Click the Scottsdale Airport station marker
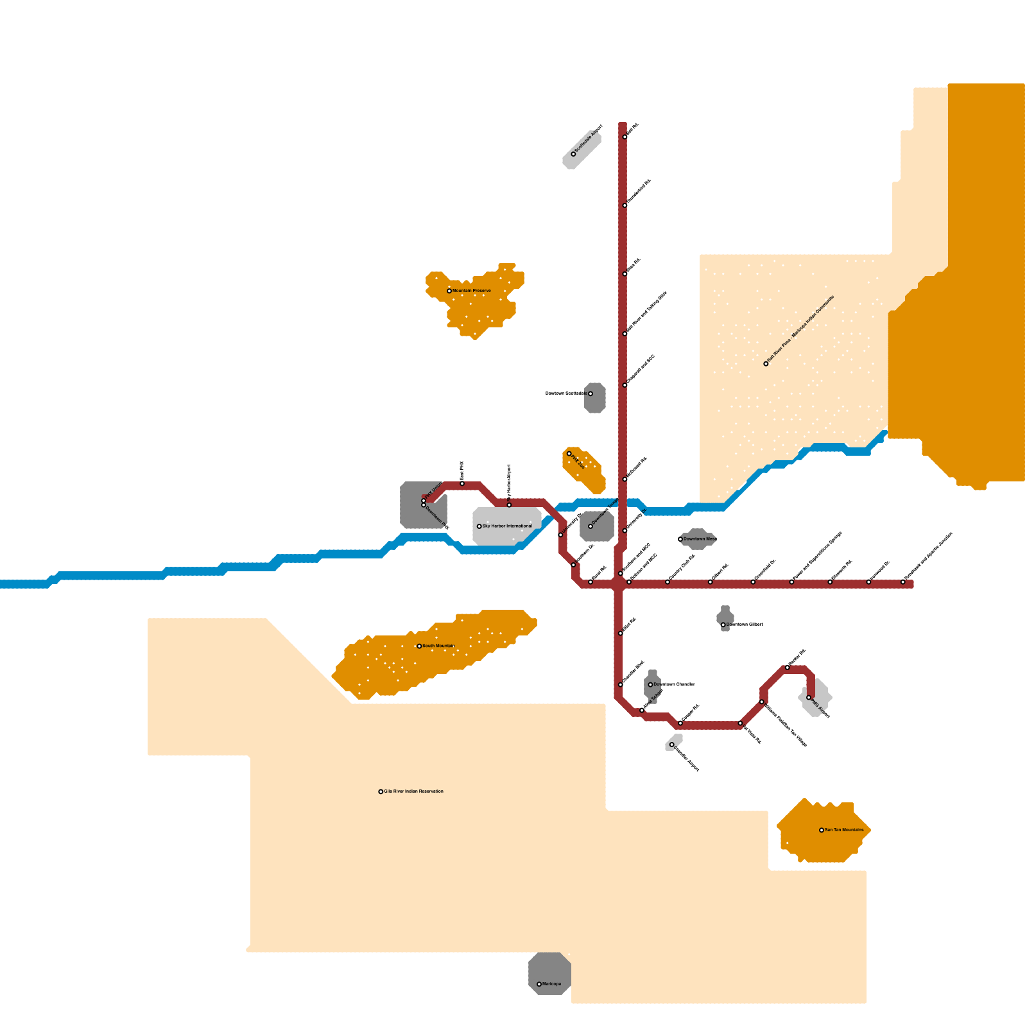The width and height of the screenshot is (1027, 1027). tap(573, 154)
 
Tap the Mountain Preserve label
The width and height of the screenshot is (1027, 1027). tap(471, 291)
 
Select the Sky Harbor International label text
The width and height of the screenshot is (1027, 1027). tap(507, 526)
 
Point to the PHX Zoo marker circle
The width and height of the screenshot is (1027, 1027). tap(569, 454)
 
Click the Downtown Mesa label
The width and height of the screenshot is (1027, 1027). tap(700, 539)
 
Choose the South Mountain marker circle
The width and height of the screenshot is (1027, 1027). tap(419, 646)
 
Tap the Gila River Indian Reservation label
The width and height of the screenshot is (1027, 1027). tap(413, 791)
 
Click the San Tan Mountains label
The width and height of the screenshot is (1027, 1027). tap(844, 830)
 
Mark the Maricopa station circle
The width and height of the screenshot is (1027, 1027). tap(539, 984)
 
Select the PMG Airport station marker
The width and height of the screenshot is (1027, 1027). tap(809, 697)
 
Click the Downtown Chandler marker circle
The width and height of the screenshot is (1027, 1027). tap(650, 685)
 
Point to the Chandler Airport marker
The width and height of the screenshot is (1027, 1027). tap(672, 745)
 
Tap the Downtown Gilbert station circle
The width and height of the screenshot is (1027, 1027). tap(723, 625)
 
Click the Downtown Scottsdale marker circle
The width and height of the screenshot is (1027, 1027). tap(591, 393)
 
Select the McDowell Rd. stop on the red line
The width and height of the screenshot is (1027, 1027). tap(625, 479)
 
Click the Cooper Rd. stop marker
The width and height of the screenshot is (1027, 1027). tap(680, 723)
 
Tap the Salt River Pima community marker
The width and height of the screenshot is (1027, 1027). tap(766, 364)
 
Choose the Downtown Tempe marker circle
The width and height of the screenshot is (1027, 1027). tap(591, 526)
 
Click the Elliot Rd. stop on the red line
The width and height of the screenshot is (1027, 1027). tap(621, 634)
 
